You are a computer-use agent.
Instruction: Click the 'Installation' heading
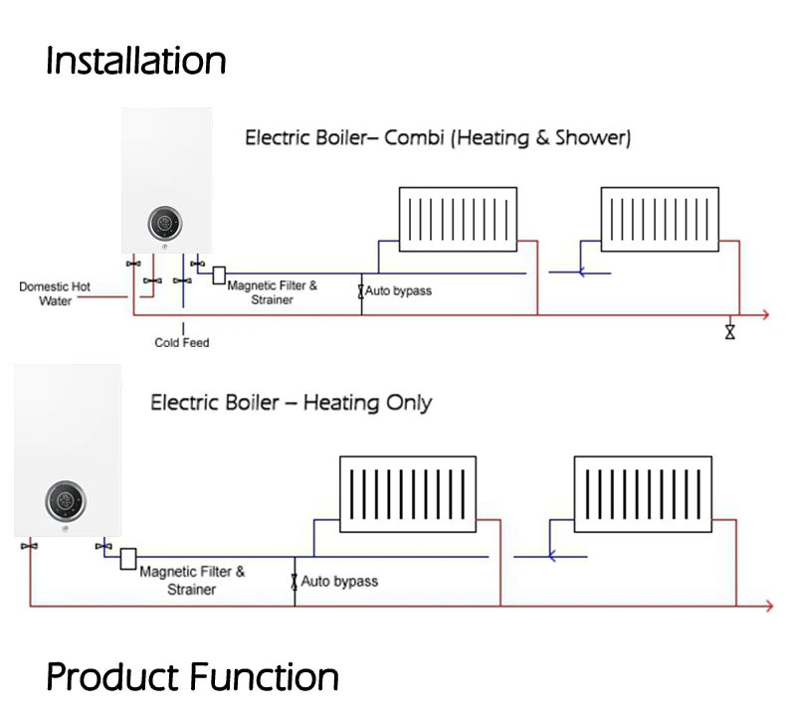point(135,61)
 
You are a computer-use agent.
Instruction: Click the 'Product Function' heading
point(192,678)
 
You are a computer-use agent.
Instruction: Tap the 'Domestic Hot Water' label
point(55,293)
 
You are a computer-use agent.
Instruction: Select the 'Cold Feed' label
point(182,343)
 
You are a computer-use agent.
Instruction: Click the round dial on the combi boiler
point(165,223)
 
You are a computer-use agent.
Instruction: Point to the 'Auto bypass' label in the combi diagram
point(398,291)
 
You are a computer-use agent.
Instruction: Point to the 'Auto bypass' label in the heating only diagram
point(339,582)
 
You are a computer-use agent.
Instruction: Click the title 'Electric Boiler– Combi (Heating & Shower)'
point(438,138)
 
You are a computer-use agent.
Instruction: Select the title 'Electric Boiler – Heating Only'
point(291,403)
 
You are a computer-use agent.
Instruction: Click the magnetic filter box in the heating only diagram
point(128,559)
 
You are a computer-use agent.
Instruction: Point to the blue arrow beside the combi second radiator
point(582,269)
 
